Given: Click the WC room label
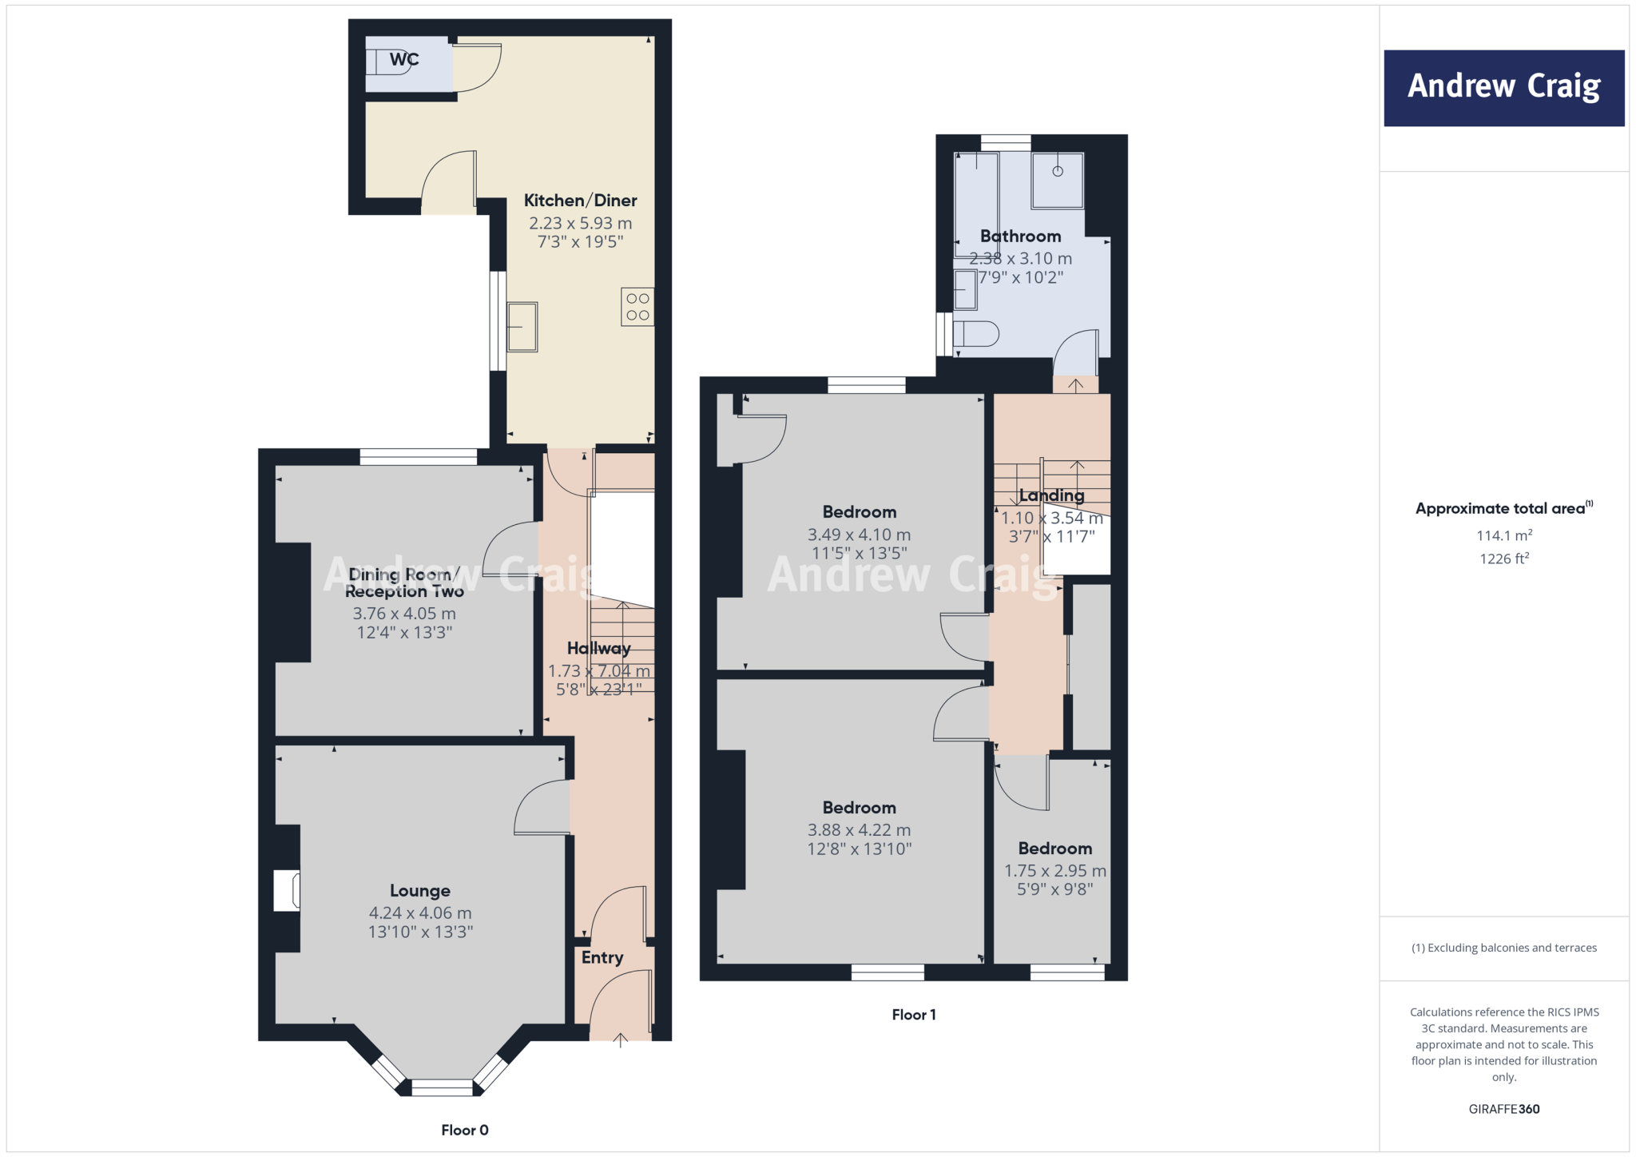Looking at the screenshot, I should click(403, 59).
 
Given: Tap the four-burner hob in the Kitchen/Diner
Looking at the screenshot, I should click(637, 307).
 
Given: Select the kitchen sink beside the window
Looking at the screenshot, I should click(522, 327).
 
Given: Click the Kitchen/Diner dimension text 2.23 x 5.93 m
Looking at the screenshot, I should click(580, 224).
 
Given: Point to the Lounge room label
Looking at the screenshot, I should click(420, 890).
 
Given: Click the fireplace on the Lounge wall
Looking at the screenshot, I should click(287, 890).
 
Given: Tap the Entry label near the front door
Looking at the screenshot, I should click(602, 957).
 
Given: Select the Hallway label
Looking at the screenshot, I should click(598, 648).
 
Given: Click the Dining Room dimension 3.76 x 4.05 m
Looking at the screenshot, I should click(404, 614).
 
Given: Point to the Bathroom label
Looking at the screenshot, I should click(1020, 236).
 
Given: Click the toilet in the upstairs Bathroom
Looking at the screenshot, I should click(976, 333).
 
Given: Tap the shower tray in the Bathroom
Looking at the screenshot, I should click(1057, 181).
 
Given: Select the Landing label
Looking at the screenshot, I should click(1051, 495).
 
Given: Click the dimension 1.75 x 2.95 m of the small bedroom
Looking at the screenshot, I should click(1054, 871).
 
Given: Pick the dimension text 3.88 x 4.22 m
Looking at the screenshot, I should click(859, 830).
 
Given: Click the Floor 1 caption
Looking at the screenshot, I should click(913, 1015).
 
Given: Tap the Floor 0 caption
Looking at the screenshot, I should click(464, 1130).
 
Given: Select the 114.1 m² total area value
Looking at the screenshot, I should click(1503, 535).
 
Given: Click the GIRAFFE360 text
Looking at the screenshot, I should click(1503, 1109).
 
